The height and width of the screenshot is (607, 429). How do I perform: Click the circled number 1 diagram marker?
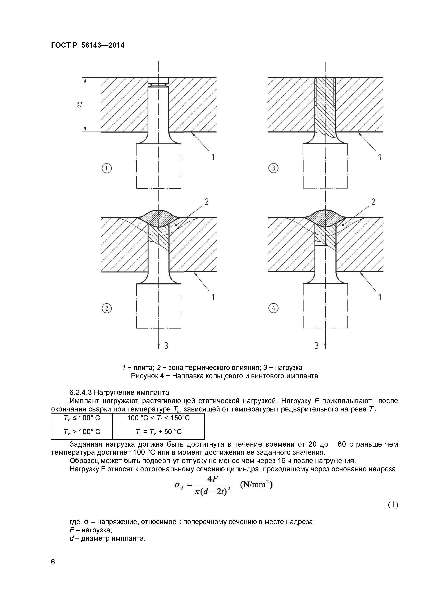tap(107, 168)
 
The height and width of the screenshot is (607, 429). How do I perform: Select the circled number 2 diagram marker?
tap(107, 308)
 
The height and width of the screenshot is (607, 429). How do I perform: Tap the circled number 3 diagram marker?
tap(273, 168)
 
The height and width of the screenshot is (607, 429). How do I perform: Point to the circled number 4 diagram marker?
tap(273, 308)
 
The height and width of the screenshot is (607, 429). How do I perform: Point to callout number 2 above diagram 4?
tap(373, 202)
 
